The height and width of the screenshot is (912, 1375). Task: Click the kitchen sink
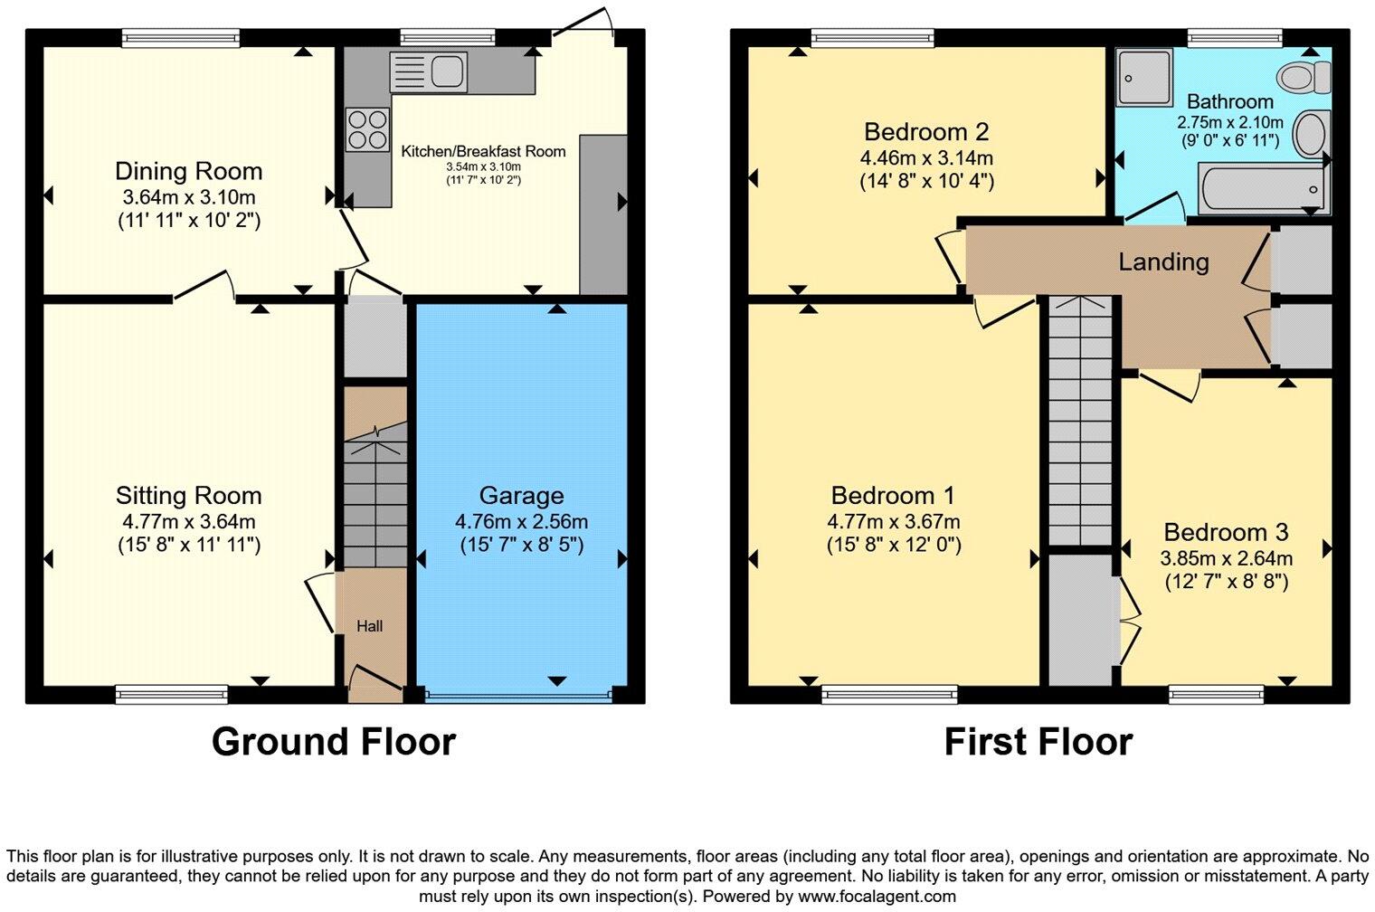click(x=428, y=71)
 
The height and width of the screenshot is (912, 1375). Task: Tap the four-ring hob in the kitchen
click(x=367, y=128)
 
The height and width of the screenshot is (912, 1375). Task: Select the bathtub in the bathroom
click(x=1262, y=188)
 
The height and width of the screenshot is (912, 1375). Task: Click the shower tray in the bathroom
click(x=1143, y=78)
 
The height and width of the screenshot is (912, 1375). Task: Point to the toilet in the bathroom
click(x=1304, y=76)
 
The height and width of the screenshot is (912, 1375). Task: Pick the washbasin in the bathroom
click(x=1309, y=135)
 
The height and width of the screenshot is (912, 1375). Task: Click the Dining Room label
click(x=188, y=171)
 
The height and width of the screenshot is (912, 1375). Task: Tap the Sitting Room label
click(x=188, y=495)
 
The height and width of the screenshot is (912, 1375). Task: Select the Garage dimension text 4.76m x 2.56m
click(x=521, y=521)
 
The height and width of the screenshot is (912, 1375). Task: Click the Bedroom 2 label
click(x=926, y=132)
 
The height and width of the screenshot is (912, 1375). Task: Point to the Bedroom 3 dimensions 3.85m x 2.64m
click(x=1226, y=558)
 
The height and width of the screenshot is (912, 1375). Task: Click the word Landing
click(x=1163, y=262)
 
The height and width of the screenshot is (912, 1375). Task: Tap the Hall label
click(x=369, y=626)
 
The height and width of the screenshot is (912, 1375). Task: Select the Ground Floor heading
click(x=333, y=742)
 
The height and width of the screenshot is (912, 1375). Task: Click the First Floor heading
click(x=1038, y=742)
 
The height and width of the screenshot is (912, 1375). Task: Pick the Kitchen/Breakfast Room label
click(x=483, y=151)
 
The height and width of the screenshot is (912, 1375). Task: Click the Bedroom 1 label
click(x=893, y=495)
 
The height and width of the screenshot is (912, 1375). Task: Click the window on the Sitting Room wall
click(x=172, y=694)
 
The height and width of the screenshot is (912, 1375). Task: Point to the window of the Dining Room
click(x=181, y=37)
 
